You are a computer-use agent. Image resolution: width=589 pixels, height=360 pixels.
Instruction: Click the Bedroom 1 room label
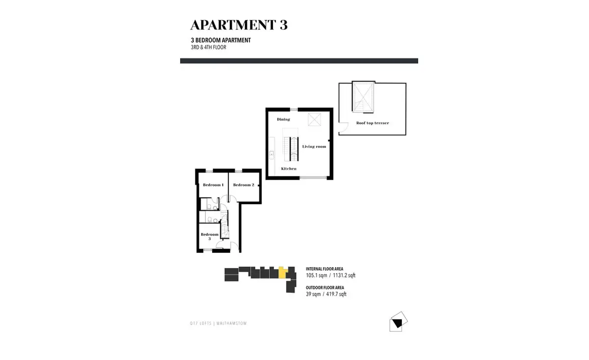click(x=213, y=185)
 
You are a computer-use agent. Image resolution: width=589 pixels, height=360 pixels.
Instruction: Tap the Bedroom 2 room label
click(x=244, y=185)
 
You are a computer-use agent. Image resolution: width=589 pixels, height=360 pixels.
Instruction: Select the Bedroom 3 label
click(x=210, y=237)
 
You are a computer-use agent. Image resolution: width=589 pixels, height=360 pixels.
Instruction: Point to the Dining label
click(x=284, y=119)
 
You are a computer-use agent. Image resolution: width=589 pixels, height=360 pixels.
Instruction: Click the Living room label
click(x=314, y=146)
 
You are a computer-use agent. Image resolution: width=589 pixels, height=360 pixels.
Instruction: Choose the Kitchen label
click(x=289, y=168)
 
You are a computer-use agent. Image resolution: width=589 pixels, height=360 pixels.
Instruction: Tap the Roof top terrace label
click(x=373, y=123)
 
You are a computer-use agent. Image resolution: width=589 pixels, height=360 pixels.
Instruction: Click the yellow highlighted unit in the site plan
click(x=282, y=273)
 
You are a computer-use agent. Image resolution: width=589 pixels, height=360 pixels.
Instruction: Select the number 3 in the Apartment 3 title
click(x=284, y=25)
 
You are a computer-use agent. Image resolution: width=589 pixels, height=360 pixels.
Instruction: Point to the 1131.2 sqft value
click(x=344, y=276)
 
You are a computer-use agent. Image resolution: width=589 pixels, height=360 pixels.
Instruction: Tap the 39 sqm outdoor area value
click(x=313, y=294)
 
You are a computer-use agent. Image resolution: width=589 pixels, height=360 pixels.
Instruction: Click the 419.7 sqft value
click(x=336, y=294)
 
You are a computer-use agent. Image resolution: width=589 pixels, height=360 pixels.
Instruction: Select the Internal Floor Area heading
click(x=324, y=269)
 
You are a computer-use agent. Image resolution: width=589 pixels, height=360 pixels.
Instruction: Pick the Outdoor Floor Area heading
click(x=325, y=288)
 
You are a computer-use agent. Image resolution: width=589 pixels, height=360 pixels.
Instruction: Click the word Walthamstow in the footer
click(x=232, y=324)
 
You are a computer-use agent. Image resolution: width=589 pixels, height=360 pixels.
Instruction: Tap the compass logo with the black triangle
click(x=399, y=322)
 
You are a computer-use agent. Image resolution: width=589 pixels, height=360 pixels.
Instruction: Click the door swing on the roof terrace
click(x=344, y=127)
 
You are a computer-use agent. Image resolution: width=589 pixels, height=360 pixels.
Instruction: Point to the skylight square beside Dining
click(x=314, y=119)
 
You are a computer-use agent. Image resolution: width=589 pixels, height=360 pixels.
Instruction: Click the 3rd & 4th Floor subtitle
click(x=209, y=47)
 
